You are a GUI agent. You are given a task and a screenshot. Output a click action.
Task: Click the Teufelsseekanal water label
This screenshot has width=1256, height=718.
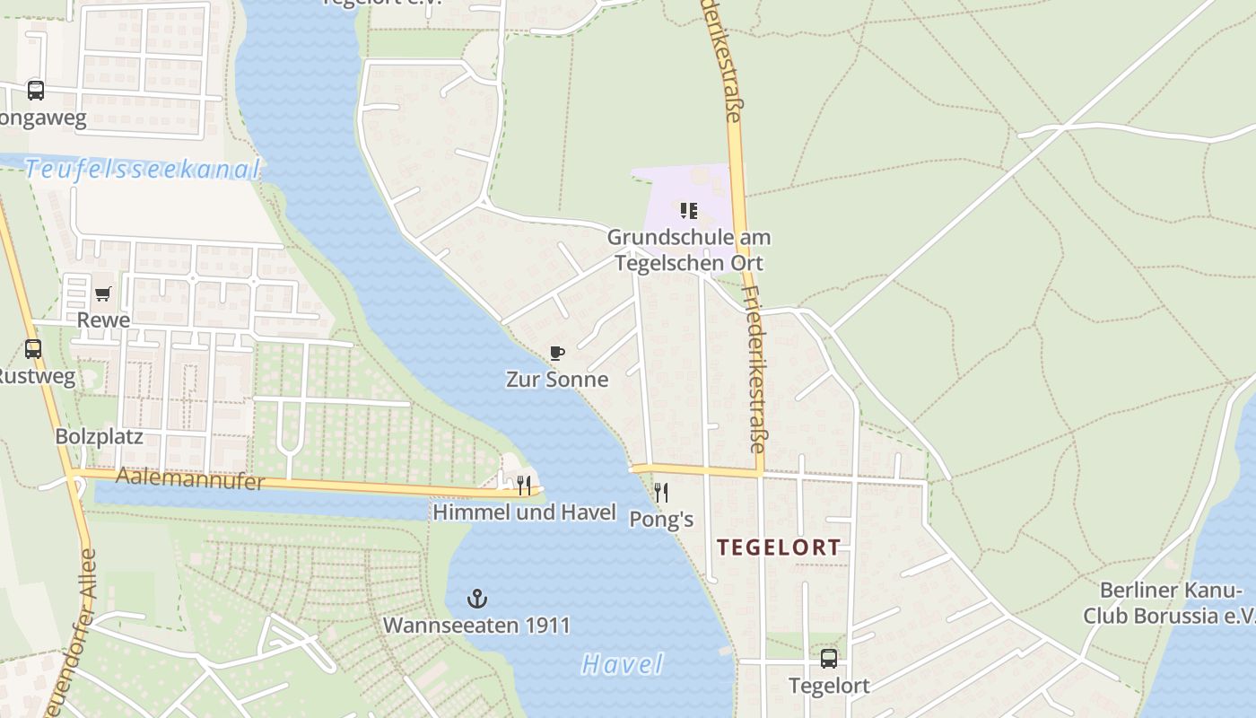point(142,170)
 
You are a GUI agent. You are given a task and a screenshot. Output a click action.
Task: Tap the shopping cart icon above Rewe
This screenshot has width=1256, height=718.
point(102,293)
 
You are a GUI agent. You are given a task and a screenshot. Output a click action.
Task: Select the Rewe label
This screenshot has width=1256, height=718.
point(103,320)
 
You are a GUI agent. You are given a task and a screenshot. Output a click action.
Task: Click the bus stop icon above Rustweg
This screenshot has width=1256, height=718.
point(33,349)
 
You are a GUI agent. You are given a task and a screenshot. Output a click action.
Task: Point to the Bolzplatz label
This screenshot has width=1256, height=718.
point(99,437)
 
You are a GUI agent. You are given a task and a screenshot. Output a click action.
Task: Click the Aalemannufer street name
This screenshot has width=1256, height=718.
point(190,480)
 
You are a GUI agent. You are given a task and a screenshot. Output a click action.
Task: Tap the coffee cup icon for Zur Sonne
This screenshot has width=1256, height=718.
point(557,353)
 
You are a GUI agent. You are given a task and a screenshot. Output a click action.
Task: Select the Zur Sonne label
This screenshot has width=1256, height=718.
point(557,380)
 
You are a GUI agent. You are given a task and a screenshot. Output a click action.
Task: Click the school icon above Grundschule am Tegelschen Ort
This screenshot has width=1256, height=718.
point(688,211)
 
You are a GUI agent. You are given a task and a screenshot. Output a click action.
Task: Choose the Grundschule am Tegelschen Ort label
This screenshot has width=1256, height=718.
point(689,250)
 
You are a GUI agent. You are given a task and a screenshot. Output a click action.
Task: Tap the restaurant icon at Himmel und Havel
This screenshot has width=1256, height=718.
point(524,486)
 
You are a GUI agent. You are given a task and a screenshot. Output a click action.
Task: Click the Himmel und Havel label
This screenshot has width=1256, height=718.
point(525,512)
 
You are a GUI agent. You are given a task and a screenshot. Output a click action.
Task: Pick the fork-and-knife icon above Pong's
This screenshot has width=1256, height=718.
point(661,492)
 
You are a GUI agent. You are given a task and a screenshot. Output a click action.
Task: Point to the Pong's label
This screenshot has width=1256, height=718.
point(661,520)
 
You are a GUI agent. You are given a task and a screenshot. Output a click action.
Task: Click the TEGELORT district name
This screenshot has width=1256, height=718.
point(779,547)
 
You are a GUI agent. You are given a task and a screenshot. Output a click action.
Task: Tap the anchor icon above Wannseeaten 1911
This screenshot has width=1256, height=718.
point(477,598)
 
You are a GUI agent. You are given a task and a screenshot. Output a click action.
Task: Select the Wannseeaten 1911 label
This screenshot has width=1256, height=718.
point(476,625)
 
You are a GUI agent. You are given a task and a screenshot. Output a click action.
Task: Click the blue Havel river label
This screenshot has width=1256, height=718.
point(623,665)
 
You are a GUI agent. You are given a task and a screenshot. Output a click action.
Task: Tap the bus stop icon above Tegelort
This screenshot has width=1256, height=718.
point(828,659)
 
